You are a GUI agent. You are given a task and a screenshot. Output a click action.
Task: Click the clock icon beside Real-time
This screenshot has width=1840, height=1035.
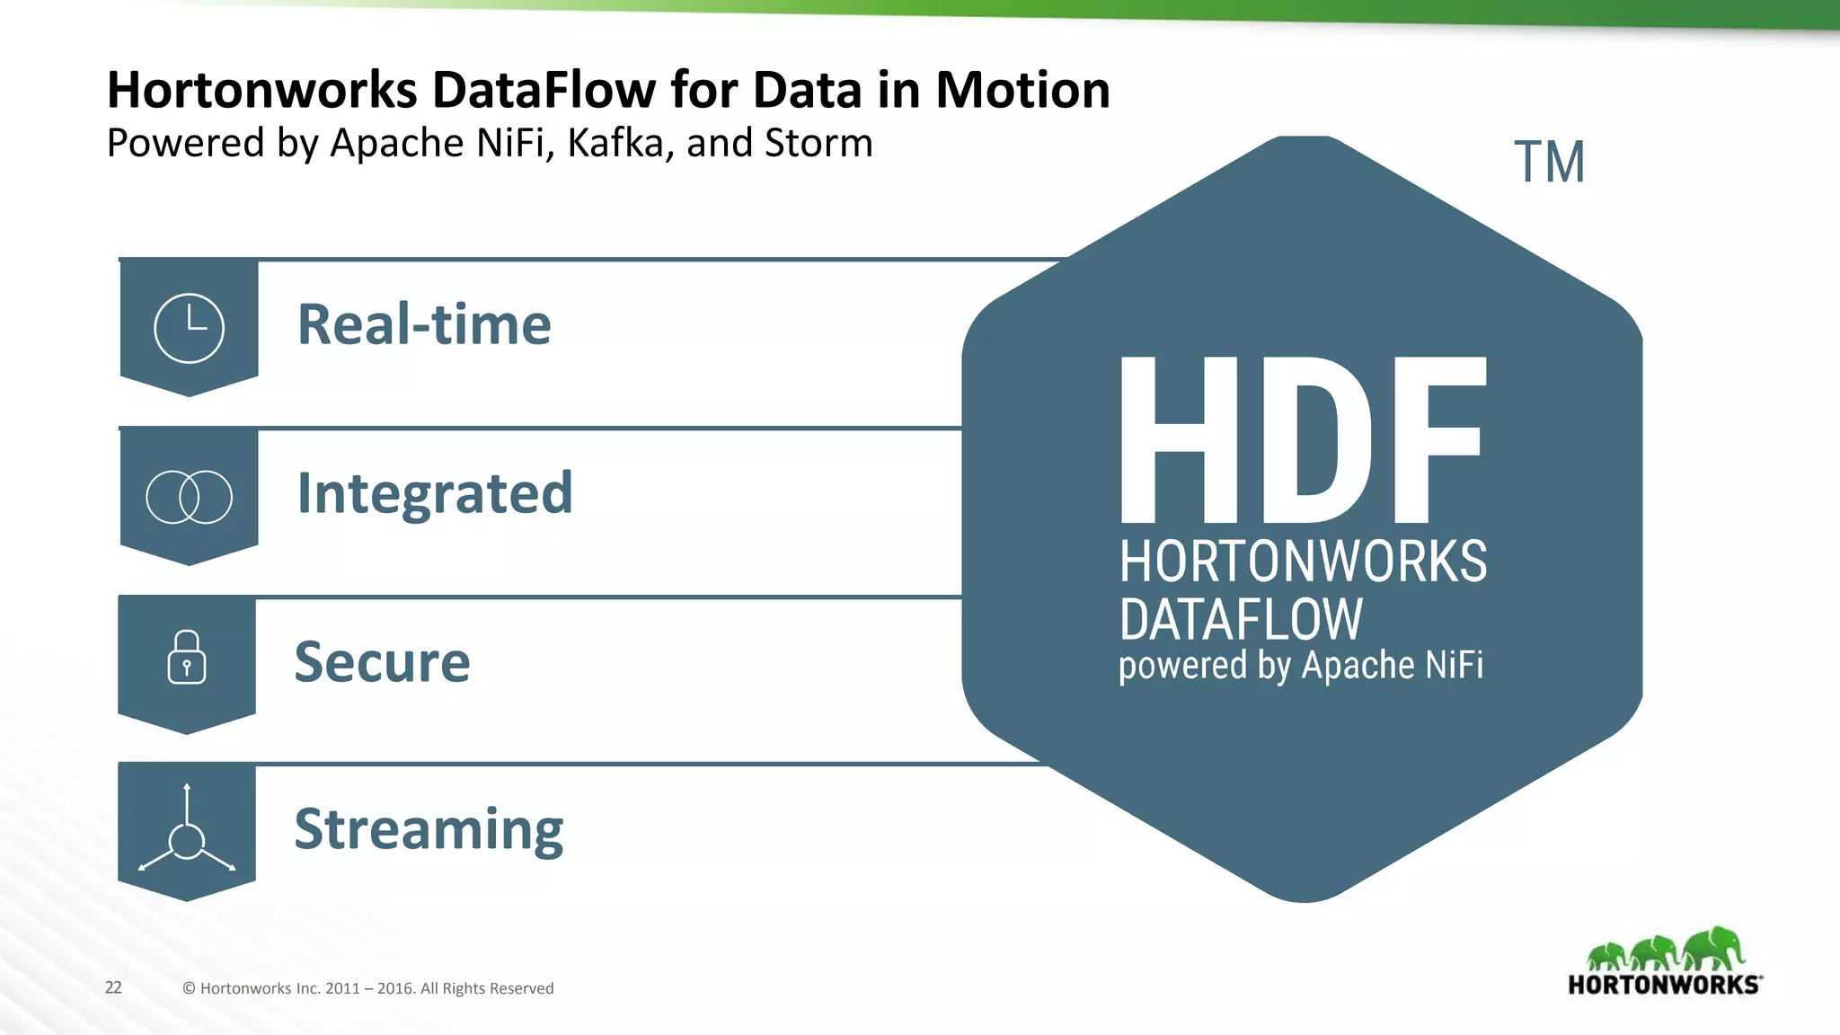189,328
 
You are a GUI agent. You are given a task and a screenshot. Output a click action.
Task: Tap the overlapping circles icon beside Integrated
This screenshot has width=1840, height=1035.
189,497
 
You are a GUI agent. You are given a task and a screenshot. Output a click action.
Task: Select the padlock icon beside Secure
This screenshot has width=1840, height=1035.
187,658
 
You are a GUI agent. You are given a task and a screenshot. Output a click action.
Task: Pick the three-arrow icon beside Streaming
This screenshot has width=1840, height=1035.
187,832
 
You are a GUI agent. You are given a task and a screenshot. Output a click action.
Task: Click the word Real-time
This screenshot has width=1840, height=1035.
424,324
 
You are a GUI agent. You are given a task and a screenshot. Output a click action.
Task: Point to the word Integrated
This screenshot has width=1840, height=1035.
435,493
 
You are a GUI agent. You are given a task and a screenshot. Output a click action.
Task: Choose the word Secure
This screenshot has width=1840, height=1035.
382,662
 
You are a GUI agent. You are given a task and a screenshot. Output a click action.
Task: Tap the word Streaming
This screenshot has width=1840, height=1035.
429,829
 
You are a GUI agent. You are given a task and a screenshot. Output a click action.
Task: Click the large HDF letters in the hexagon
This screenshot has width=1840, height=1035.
1302,440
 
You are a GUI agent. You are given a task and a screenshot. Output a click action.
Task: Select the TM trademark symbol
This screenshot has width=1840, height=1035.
1549,163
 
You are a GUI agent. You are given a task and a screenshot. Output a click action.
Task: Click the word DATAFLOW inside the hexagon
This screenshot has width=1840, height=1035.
1241,619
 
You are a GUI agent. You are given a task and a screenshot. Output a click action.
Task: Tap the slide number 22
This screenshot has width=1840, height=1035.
113,987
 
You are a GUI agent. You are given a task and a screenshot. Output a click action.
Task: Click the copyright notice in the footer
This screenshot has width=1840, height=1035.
367,988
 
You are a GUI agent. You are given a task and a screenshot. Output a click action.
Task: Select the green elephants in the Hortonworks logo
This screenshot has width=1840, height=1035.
1665,950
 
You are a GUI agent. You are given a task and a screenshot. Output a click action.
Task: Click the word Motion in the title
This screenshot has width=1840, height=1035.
1022,90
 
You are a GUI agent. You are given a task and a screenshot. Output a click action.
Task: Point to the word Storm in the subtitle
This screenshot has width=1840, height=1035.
818,143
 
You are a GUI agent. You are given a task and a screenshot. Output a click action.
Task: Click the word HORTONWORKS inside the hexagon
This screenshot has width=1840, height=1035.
1303,562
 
